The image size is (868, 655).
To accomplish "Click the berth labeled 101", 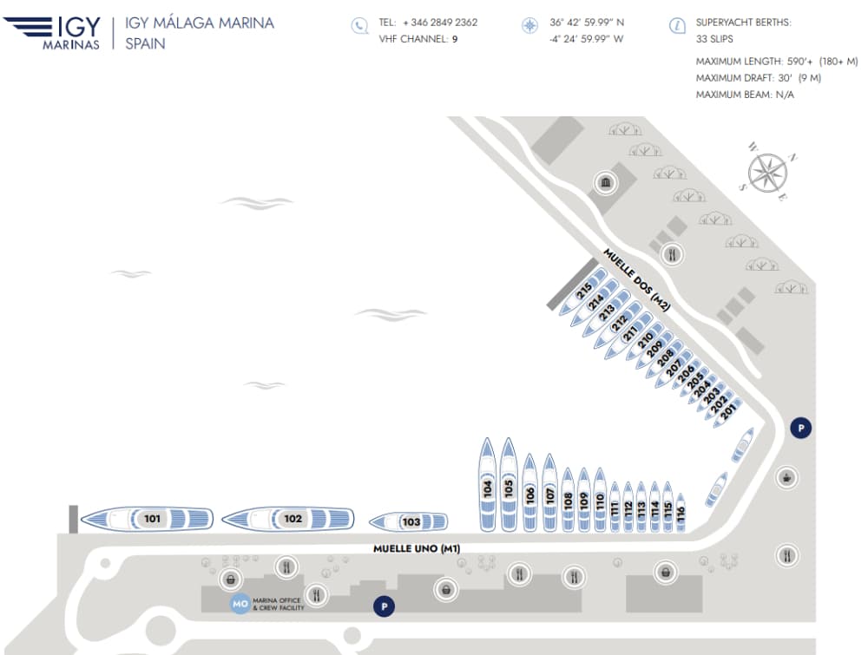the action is point(148,518).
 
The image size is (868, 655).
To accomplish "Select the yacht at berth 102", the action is point(288,518).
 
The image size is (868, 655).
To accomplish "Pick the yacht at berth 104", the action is point(487,485).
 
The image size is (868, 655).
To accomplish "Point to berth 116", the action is point(681,512).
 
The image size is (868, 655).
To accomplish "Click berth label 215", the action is point(584,291).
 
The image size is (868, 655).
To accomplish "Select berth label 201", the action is point(728,411).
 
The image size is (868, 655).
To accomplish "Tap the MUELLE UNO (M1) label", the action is point(417,548).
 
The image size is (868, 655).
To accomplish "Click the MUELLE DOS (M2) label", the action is point(636,279).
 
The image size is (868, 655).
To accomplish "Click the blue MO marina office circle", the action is point(240,604).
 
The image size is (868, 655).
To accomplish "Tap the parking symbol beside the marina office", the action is point(385,606).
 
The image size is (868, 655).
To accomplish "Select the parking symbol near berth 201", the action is point(800,428).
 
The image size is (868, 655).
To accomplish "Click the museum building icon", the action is point(606,182).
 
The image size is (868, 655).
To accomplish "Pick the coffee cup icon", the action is point(786,477).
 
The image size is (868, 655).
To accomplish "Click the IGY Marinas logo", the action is point(52,33).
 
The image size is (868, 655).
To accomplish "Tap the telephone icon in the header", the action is point(360,25).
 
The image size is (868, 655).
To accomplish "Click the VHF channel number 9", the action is point(455,39).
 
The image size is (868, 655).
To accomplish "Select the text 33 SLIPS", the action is point(714,39).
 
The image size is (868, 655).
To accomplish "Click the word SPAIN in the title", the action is point(145,43).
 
